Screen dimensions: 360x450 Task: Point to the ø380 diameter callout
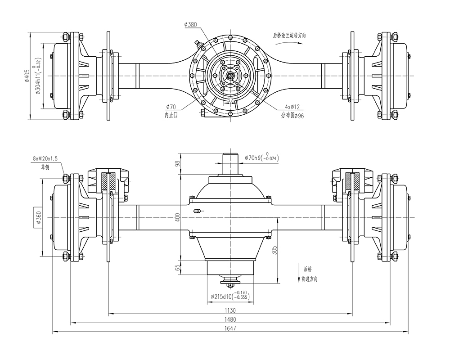[190, 25]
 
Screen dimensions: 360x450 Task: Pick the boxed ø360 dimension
[38, 218]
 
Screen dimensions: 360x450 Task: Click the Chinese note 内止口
[171, 115]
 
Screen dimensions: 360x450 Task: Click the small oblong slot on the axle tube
[197, 211]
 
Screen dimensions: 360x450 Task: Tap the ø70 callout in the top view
[171, 107]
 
